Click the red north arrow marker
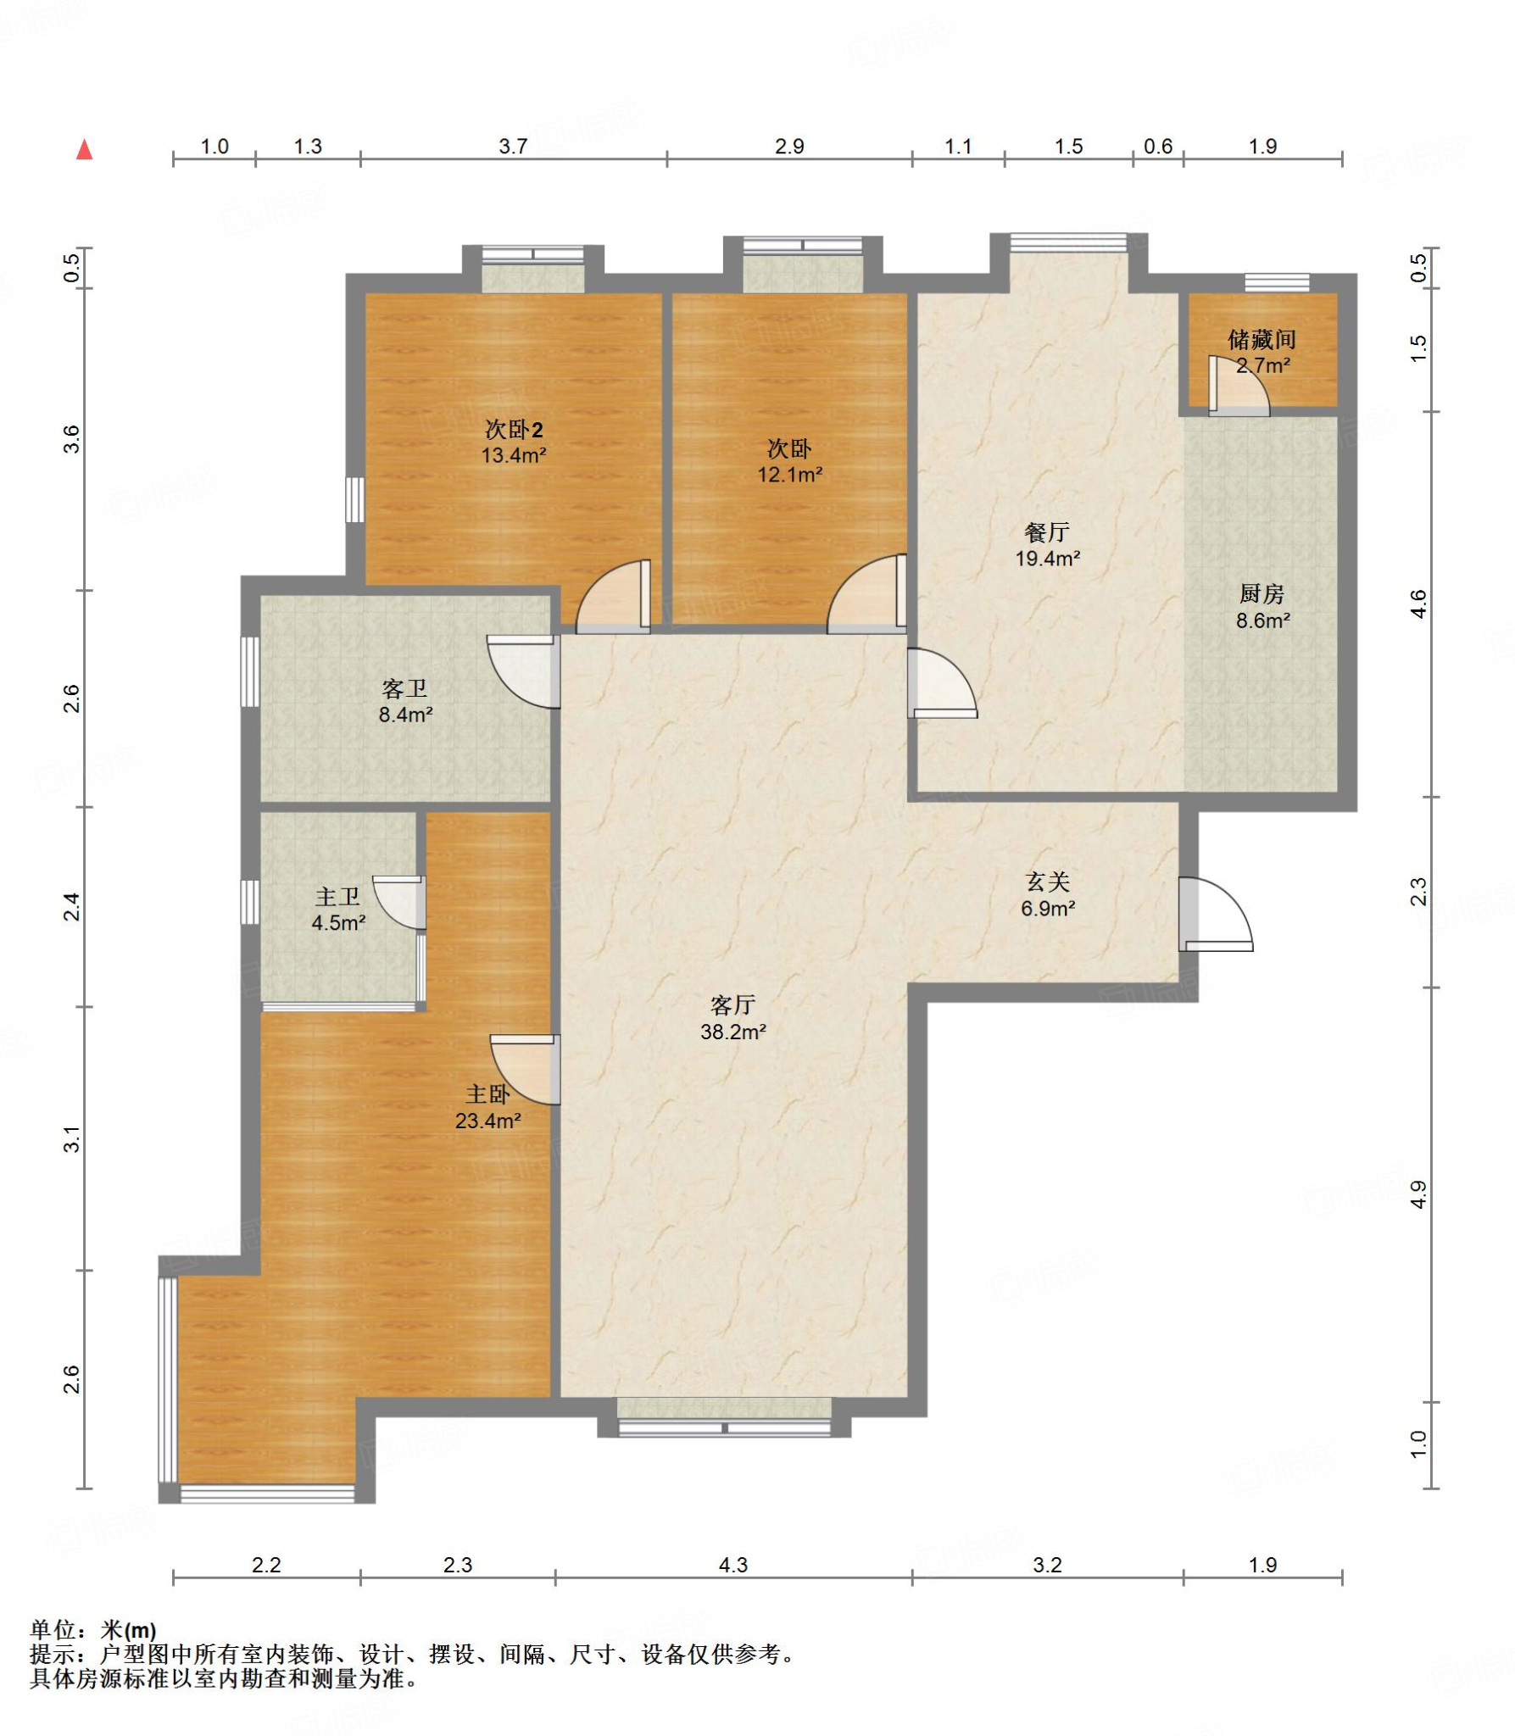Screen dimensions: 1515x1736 point(84,150)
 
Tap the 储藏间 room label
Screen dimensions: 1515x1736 point(1262,340)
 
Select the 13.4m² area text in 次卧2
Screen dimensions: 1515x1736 point(514,455)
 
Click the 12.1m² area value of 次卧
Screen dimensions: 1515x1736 point(790,475)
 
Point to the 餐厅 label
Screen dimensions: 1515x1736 point(1047,532)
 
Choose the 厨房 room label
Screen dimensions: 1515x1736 point(1262,594)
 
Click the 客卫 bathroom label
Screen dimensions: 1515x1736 point(404,688)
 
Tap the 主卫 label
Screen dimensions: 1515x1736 point(337,897)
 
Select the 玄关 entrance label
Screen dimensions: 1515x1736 point(1048,882)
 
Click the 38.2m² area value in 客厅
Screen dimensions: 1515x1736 point(733,1032)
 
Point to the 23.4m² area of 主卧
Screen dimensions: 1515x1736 point(488,1121)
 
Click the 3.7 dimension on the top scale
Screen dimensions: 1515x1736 point(513,147)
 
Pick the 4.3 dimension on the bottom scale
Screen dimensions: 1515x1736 point(733,1565)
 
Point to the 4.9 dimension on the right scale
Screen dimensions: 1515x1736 point(1418,1194)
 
